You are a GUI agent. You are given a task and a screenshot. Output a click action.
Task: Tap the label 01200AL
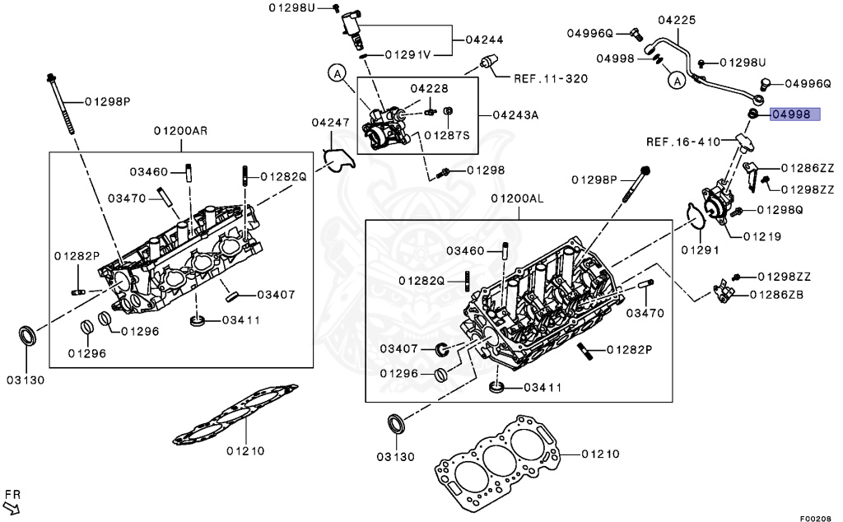[x=518, y=199]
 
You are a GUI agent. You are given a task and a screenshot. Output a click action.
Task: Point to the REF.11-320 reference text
[x=551, y=80]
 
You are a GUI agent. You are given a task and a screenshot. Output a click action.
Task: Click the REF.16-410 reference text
[x=682, y=141]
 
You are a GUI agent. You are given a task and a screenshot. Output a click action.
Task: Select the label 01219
[x=761, y=236]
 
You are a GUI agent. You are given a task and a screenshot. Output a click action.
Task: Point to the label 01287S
[x=447, y=134]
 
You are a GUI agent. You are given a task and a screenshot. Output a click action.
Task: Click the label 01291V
[x=408, y=55]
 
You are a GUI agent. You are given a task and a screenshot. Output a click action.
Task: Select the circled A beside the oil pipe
[x=676, y=81]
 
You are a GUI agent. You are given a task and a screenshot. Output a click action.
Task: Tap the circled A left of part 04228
[x=337, y=74]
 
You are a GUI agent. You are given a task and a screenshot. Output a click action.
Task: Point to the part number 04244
[x=484, y=39]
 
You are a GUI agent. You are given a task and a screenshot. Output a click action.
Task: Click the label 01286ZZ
[x=807, y=168]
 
